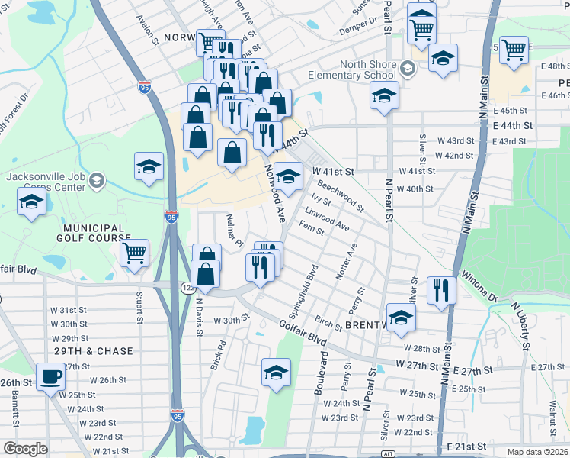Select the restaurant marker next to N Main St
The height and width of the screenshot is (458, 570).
click(x=441, y=289)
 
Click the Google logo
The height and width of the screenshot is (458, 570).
click(x=25, y=449)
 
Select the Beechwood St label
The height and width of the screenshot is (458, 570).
click(x=341, y=195)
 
